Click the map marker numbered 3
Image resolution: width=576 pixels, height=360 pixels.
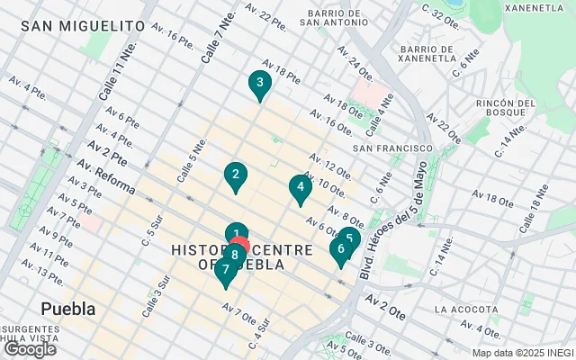[259, 85]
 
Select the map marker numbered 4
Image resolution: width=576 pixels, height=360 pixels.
[300, 188]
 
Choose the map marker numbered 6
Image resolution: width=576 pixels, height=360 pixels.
[340, 250]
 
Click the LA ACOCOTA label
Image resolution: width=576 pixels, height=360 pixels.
[464, 310]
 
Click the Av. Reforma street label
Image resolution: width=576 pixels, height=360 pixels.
[106, 177]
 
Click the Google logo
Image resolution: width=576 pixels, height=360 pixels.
[30, 349]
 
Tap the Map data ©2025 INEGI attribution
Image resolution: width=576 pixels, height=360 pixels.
[522, 353]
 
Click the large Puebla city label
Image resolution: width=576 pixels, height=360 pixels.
[68, 310]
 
